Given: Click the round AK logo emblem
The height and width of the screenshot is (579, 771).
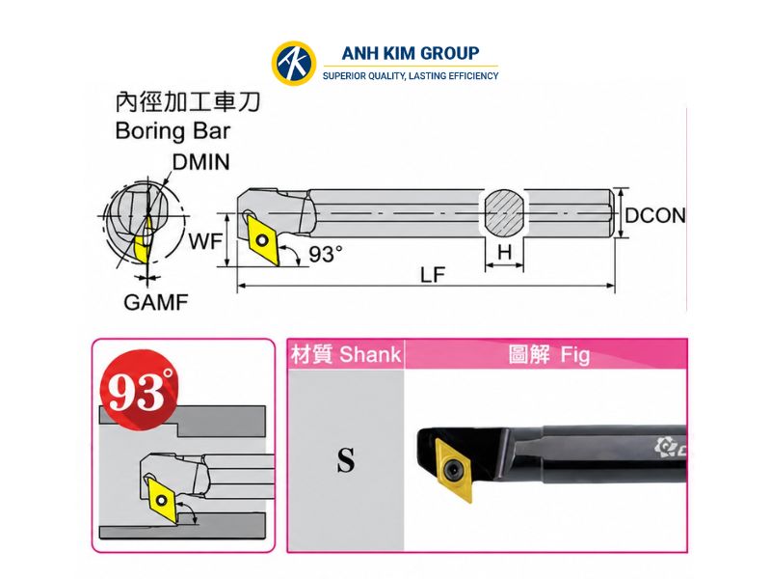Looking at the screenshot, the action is (x=294, y=63).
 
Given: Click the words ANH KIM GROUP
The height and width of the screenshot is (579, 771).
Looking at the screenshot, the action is (x=411, y=53).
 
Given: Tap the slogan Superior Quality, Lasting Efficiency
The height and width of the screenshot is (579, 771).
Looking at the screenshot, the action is (x=411, y=76).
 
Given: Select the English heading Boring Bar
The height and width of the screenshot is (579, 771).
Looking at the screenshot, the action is (x=173, y=131).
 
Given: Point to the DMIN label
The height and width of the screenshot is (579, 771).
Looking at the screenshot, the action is (x=200, y=162).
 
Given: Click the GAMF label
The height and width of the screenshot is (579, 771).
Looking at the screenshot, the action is (x=155, y=302).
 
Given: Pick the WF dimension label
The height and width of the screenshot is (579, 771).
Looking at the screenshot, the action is (x=205, y=241).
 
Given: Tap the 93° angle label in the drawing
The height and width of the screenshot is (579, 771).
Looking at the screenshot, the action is (x=325, y=254).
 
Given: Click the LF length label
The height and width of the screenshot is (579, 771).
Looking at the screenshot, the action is (x=433, y=275).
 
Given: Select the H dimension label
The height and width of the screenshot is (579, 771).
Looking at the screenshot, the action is (x=504, y=252).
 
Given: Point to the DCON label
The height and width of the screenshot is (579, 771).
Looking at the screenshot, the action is (x=655, y=215).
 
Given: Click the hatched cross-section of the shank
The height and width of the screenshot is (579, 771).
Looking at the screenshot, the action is (x=503, y=212).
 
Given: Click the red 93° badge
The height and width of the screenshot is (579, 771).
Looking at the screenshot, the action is (x=139, y=390).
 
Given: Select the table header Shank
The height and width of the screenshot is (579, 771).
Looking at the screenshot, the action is (x=370, y=354).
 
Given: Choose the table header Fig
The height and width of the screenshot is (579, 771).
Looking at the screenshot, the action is (x=574, y=355).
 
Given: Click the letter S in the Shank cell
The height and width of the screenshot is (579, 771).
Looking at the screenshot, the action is (x=346, y=460).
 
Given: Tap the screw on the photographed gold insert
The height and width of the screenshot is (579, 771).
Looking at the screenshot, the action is (x=454, y=470).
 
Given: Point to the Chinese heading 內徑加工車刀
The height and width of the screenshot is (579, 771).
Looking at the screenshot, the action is (x=187, y=102).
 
